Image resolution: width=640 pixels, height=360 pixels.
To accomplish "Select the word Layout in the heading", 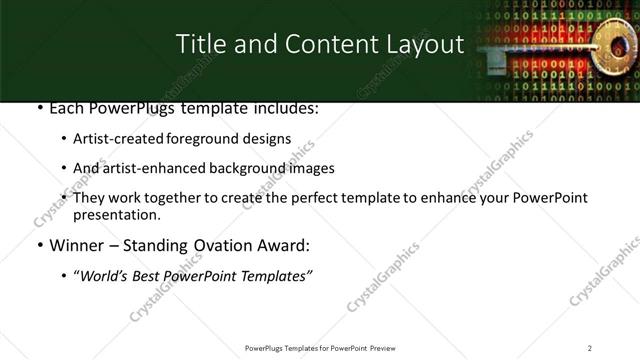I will pyautogui.click(x=420, y=45).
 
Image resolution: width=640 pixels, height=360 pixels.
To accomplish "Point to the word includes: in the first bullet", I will pyautogui.click(x=283, y=108).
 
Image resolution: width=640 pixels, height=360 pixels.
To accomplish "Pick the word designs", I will pyautogui.click(x=269, y=139).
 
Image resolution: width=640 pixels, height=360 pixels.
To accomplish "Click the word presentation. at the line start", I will pyautogui.click(x=116, y=214).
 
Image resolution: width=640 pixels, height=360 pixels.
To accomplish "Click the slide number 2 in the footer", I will pyautogui.click(x=590, y=348).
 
